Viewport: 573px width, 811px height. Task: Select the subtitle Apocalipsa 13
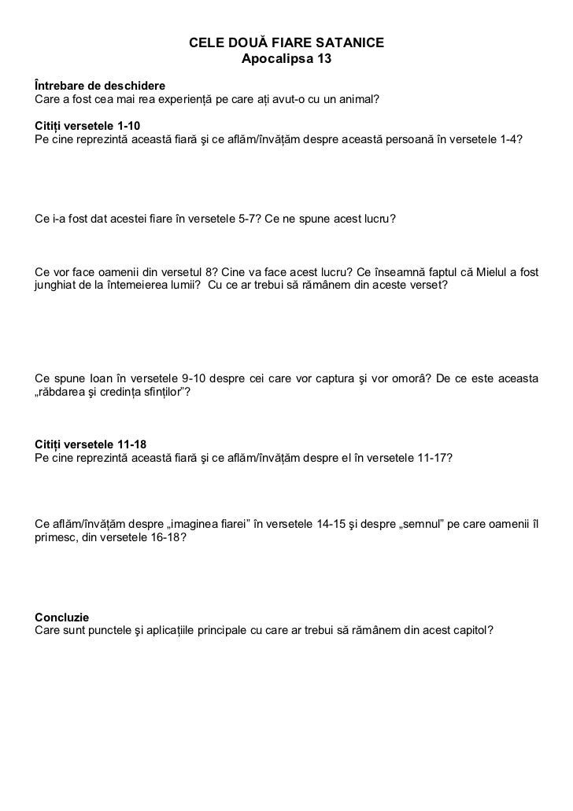point(286,59)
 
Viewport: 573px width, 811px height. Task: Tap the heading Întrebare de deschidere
point(100,85)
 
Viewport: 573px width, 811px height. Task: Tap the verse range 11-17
point(433,459)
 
